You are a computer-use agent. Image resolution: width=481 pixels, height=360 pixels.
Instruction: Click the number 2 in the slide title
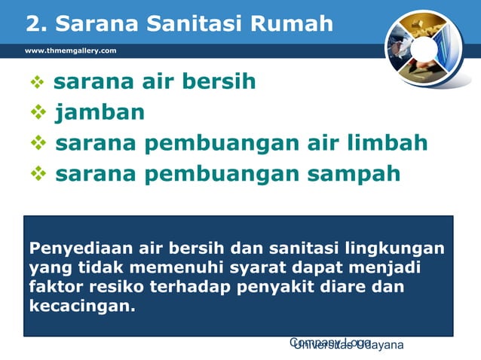tap(33, 24)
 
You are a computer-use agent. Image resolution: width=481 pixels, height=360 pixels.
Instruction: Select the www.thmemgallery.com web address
tap(71, 50)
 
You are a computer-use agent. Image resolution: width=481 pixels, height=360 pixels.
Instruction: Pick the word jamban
tap(100, 113)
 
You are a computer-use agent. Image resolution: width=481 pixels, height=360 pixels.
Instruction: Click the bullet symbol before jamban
tap(38, 114)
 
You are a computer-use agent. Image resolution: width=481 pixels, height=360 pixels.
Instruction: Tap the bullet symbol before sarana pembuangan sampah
tap(38, 175)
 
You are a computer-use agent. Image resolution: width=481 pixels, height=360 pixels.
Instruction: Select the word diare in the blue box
tap(349, 288)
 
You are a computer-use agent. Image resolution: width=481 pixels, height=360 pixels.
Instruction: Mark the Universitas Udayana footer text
tap(349, 346)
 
